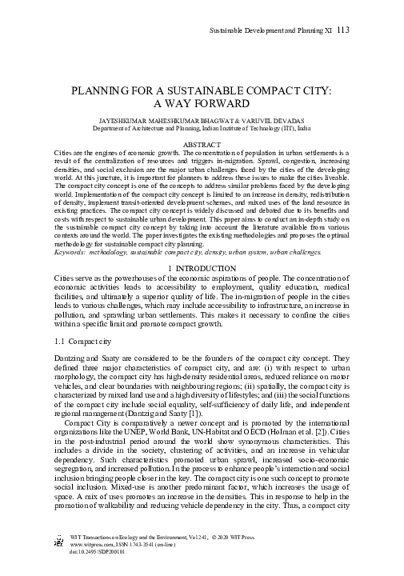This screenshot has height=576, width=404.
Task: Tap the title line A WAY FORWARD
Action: tap(202, 103)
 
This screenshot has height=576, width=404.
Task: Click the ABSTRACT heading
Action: tap(202, 142)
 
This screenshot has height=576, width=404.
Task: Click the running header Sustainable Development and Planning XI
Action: tap(270, 30)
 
